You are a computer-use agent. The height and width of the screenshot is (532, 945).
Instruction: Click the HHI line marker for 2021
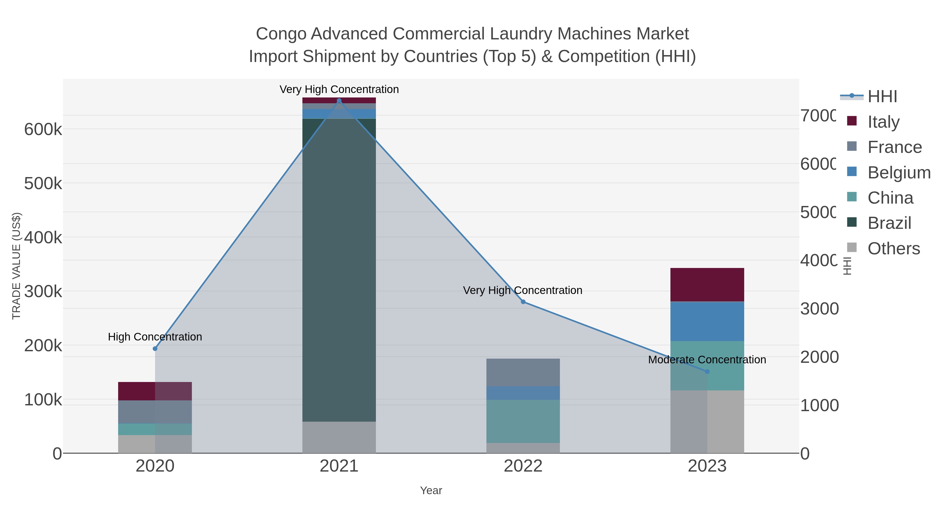click(x=339, y=101)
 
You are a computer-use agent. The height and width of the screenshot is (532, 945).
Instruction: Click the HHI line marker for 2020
click(x=155, y=348)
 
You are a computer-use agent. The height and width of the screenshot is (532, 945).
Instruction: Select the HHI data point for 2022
click(x=523, y=302)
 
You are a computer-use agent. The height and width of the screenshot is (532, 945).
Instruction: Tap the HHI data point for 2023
click(x=707, y=371)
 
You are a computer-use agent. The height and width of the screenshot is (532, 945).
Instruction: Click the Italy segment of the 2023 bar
click(x=707, y=285)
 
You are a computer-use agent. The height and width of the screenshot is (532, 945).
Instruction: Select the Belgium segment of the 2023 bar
click(x=707, y=321)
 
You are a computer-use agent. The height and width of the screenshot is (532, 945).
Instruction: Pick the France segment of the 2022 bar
click(x=523, y=372)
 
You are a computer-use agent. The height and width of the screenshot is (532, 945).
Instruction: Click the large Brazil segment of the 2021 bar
click(x=339, y=270)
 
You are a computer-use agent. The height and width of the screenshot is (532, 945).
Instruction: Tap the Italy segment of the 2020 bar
click(x=155, y=391)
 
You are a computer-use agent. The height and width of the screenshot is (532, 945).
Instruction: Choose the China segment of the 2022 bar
click(x=523, y=421)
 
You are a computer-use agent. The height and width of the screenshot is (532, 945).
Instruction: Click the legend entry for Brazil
click(x=889, y=223)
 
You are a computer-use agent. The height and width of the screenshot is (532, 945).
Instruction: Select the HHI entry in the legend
click(x=882, y=97)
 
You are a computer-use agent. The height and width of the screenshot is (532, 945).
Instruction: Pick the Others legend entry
click(x=894, y=249)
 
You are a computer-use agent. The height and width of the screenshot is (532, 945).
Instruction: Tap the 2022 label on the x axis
click(x=523, y=466)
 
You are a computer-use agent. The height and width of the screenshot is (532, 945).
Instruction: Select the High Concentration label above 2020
click(x=155, y=337)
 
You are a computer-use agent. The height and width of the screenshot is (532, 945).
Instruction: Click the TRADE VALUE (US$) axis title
click(x=17, y=266)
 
